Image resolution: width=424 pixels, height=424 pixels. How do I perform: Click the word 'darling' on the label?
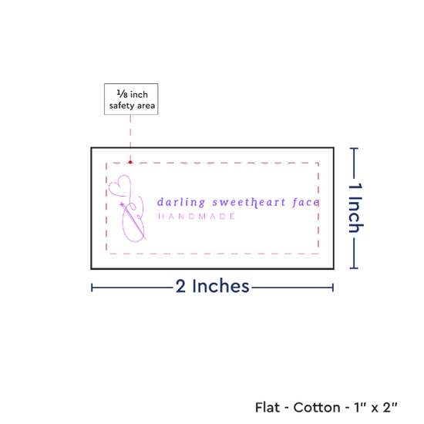click(181, 202)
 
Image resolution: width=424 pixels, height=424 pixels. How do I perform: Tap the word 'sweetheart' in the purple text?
click(249, 203)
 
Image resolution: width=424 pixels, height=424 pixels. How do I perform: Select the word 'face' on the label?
click(306, 202)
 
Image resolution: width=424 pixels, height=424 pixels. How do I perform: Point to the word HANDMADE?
click(197, 217)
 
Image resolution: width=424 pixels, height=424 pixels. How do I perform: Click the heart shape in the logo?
click(119, 185)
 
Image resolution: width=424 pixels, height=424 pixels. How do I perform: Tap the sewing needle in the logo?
click(133, 220)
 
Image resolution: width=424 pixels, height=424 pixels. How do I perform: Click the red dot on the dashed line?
click(130, 162)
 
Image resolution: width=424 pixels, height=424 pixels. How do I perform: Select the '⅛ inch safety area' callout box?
click(131, 99)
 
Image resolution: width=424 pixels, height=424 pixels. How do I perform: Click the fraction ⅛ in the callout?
click(122, 94)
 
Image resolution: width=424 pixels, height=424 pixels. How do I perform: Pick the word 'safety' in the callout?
click(122, 106)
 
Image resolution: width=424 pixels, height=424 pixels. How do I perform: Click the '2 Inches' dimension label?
click(212, 286)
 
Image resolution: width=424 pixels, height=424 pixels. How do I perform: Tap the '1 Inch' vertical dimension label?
click(355, 207)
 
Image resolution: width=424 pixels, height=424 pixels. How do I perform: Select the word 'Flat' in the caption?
click(268, 408)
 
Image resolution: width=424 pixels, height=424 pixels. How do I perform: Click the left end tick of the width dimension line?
click(92, 288)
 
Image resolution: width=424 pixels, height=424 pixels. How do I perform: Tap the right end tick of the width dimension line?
click(333, 288)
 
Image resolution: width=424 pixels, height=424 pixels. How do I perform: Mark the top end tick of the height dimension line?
click(354, 148)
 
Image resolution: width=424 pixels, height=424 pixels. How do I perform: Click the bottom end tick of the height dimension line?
click(354, 268)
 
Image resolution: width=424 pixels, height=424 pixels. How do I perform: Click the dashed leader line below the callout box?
click(130, 138)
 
